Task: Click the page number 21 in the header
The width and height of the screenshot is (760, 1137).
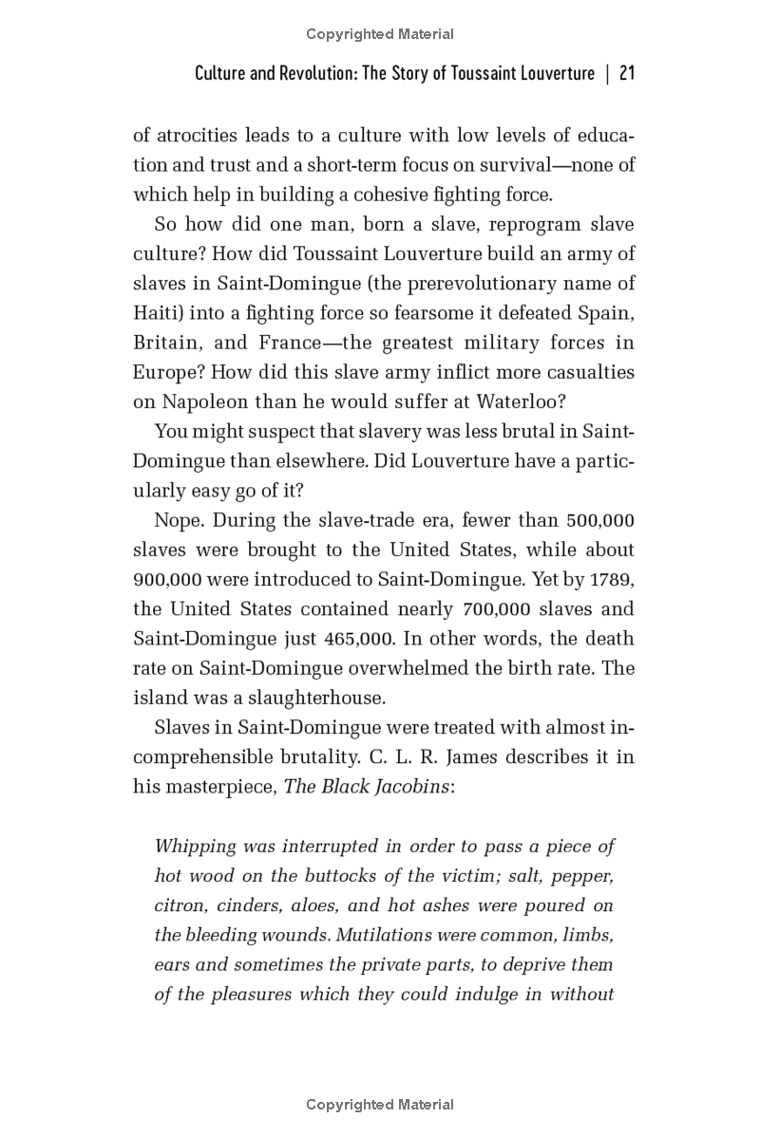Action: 626,74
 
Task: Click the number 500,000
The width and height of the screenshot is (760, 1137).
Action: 600,520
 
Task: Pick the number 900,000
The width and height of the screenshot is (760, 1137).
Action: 165,579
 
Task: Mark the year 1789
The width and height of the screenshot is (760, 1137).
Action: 613,579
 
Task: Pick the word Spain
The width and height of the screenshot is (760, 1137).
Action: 609,312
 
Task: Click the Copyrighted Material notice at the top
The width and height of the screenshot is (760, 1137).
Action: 380,34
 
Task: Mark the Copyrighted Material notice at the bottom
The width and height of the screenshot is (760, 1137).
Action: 380,1105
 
